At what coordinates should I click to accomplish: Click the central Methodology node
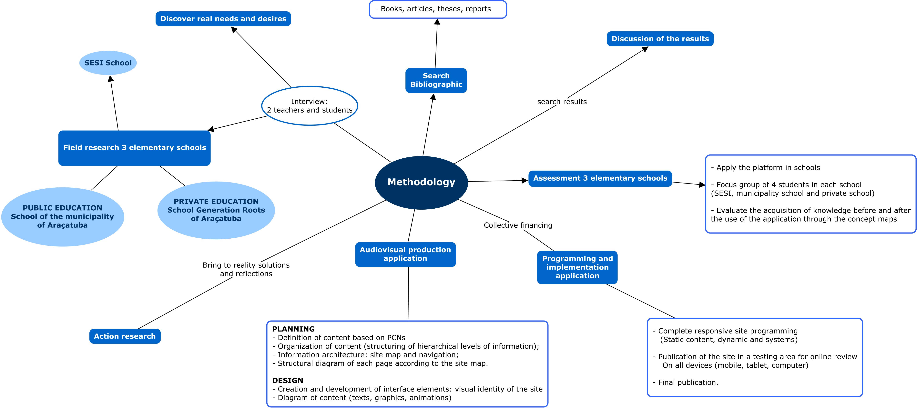click(421, 182)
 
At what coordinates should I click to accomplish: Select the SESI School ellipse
click(108, 63)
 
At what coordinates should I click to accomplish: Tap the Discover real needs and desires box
click(223, 19)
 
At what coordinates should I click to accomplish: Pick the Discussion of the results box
click(660, 39)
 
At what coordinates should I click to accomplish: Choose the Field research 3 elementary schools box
click(135, 148)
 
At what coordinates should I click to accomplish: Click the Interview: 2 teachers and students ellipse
click(309, 106)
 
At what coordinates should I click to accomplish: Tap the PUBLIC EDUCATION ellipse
click(63, 217)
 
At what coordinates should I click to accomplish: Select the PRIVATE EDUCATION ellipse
click(216, 210)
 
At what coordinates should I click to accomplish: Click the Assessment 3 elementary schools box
click(600, 178)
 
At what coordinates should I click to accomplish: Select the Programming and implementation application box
click(577, 267)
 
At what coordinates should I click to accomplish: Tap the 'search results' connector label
click(562, 102)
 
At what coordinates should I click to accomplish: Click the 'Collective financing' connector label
click(518, 225)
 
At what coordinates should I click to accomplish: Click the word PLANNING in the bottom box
click(293, 329)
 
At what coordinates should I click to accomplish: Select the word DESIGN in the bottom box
click(288, 381)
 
